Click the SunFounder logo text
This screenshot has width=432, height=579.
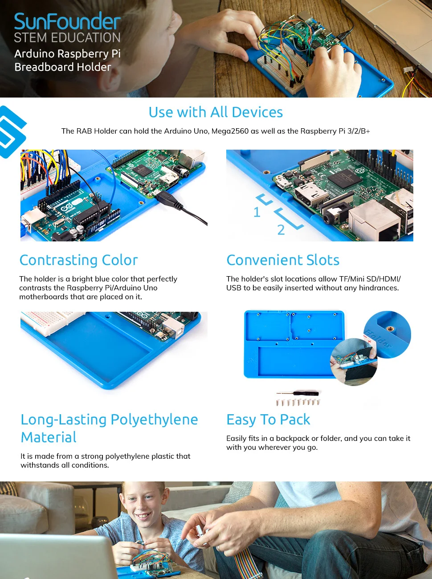[67, 21]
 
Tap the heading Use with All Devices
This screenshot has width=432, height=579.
[216, 112]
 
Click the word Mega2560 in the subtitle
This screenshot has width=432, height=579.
[230, 131]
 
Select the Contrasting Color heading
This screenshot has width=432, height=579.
[79, 260]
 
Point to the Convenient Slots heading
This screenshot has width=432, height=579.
[283, 260]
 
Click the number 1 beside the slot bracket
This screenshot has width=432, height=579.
[257, 212]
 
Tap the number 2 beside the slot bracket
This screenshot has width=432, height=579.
[281, 230]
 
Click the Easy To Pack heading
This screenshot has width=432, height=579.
[268, 420]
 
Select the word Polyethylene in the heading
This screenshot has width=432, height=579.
[154, 420]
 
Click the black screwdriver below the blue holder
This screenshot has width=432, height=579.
[298, 393]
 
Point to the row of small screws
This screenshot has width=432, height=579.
[298, 402]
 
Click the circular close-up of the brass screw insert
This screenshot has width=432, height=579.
[387, 334]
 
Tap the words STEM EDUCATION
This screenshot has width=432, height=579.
[67, 38]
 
